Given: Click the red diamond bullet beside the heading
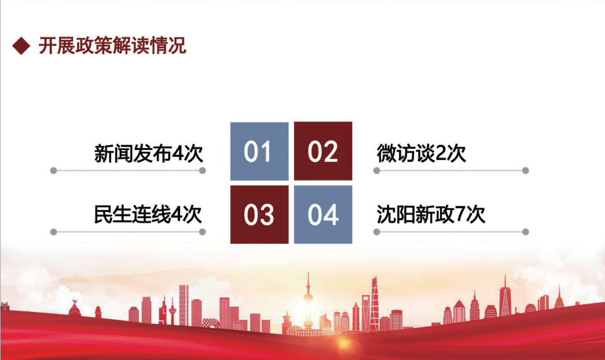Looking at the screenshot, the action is (x=21, y=46).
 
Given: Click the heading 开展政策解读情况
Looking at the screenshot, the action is (x=113, y=46).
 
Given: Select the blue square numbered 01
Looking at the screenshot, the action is (x=259, y=151).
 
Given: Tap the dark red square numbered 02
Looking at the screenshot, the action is (x=323, y=151).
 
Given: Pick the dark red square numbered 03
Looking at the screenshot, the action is (x=259, y=214).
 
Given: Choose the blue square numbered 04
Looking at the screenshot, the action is (x=323, y=214).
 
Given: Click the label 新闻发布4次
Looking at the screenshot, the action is (x=149, y=153).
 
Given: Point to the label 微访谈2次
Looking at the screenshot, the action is (x=421, y=153).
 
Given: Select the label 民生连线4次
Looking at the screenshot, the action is (x=148, y=214).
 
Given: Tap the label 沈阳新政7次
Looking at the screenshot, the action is (x=431, y=214).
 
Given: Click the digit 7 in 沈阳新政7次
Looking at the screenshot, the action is (x=460, y=214).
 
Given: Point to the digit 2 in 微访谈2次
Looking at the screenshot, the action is (x=441, y=154).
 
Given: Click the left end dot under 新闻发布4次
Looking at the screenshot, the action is (x=54, y=171).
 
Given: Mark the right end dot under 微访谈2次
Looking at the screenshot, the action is (x=525, y=171).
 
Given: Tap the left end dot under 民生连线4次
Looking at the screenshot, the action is (x=54, y=232).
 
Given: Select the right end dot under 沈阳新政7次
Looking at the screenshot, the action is (x=525, y=232).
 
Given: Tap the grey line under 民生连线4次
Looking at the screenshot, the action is (x=128, y=232).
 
